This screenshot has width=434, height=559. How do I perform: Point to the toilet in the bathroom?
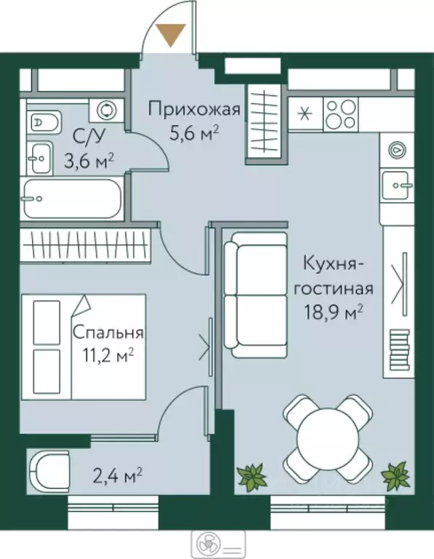(44, 122)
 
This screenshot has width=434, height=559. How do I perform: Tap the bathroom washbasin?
(41, 155)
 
